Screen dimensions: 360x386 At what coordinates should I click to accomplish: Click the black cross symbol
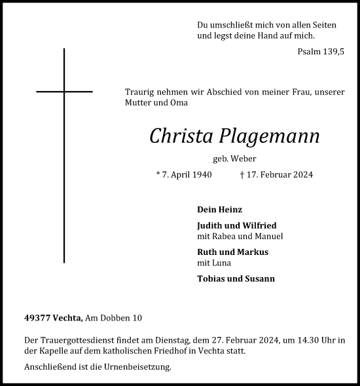click(x=64, y=91)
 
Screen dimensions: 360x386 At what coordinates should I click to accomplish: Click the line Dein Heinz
click(x=219, y=210)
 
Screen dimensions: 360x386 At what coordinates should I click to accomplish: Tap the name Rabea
click(x=228, y=237)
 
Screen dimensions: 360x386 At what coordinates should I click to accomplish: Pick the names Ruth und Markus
click(x=232, y=252)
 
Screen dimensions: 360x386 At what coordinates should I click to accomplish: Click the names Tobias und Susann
click(x=236, y=279)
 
